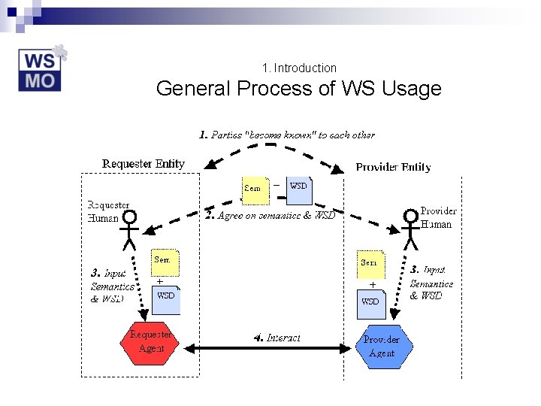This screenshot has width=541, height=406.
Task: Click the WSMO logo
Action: (42, 69)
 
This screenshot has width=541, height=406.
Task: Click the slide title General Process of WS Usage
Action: (298, 89)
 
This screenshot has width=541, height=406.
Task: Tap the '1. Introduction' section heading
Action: (300, 68)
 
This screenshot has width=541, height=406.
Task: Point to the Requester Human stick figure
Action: (130, 229)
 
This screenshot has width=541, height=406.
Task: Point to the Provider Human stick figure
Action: (410, 229)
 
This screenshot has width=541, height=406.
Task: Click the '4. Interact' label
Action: (277, 338)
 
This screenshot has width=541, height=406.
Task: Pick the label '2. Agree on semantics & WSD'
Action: (270, 215)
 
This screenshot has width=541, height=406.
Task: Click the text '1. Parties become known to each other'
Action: (286, 135)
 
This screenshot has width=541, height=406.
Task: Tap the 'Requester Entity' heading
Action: (143, 163)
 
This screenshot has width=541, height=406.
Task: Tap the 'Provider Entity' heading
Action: (393, 167)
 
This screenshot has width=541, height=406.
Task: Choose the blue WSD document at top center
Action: (299, 189)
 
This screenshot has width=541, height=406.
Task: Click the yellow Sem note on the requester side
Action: (164, 262)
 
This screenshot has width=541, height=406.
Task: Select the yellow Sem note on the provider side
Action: (370, 264)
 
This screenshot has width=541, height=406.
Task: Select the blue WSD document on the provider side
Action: (370, 302)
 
